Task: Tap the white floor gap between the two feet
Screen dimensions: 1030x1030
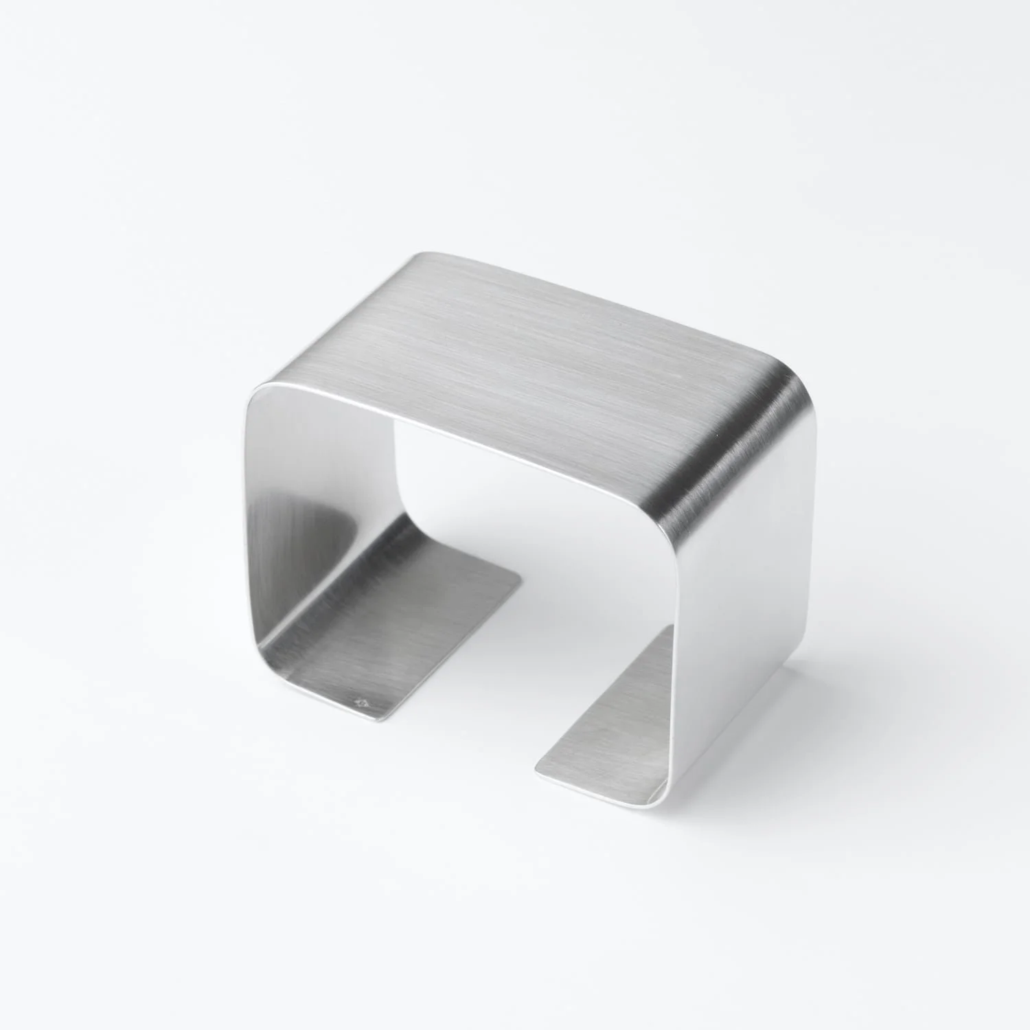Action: click(481, 687)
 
